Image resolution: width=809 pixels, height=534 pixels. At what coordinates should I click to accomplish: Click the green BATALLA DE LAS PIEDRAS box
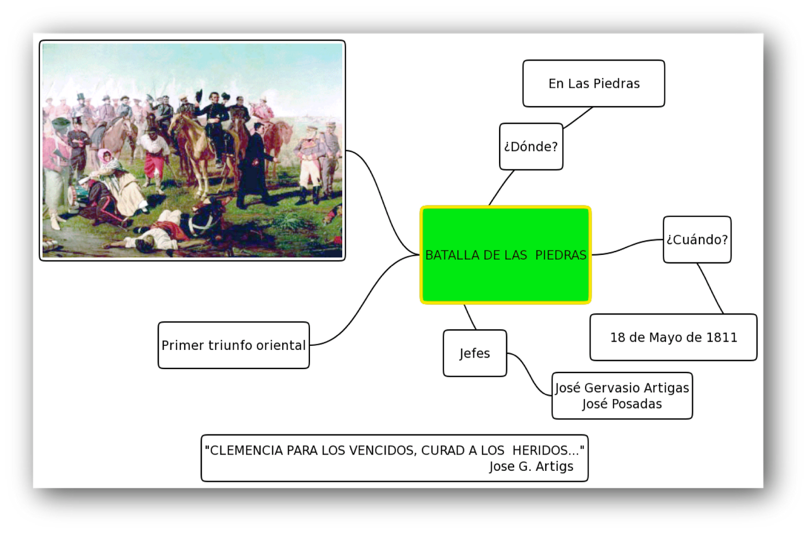pyautogui.click(x=506, y=255)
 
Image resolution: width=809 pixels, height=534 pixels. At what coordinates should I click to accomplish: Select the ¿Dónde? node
pyautogui.click(x=531, y=146)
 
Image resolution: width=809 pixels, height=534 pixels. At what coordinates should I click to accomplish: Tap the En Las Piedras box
pyautogui.click(x=594, y=83)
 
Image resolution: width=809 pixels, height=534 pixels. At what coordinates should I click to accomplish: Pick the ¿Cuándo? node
pyautogui.click(x=697, y=240)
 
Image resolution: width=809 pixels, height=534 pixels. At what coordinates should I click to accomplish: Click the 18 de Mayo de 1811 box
pyautogui.click(x=673, y=337)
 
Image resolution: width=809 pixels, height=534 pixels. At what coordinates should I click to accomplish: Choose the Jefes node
pyautogui.click(x=475, y=353)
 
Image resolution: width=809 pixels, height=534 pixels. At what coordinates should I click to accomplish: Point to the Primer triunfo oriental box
pyautogui.click(x=234, y=345)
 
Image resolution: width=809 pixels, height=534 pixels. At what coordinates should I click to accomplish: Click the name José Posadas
pyautogui.click(x=622, y=404)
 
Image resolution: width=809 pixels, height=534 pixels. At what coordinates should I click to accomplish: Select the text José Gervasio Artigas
pyautogui.click(x=622, y=388)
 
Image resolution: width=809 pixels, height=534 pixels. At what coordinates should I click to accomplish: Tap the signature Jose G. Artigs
pyautogui.click(x=531, y=466)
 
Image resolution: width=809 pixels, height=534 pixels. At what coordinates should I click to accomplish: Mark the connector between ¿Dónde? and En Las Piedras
pyautogui.click(x=578, y=118)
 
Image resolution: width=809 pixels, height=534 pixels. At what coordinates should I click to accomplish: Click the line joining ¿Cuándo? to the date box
pyautogui.click(x=710, y=288)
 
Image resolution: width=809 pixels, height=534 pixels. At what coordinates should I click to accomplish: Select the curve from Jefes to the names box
pyautogui.click(x=529, y=374)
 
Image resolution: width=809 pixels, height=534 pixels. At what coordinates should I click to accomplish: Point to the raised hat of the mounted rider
pyautogui.click(x=199, y=96)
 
